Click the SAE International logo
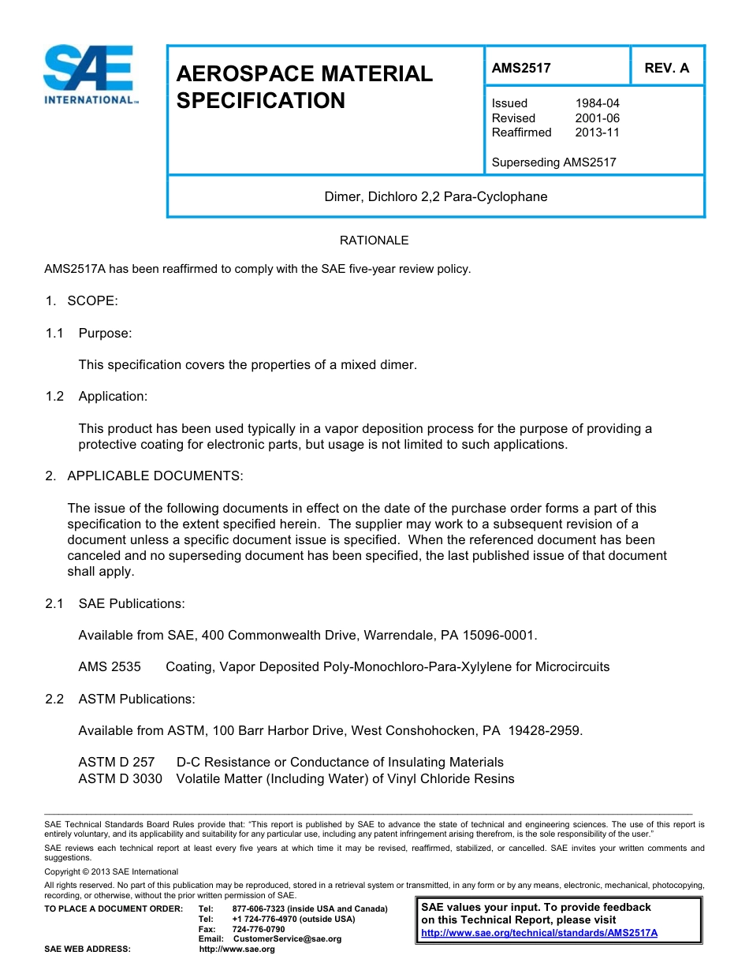click(90, 75)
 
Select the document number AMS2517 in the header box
click(521, 68)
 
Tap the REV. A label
click(666, 68)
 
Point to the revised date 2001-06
click(597, 118)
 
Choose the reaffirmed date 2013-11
click(597, 132)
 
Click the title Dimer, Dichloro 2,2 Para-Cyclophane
click(435, 196)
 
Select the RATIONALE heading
click(374, 241)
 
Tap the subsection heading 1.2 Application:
click(96, 397)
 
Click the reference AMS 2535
click(110, 667)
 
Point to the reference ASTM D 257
click(117, 763)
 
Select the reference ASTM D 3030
click(120, 779)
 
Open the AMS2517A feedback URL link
click(539, 933)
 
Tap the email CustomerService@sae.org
click(286, 938)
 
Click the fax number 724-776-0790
click(259, 929)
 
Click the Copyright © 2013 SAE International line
click(111, 871)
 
